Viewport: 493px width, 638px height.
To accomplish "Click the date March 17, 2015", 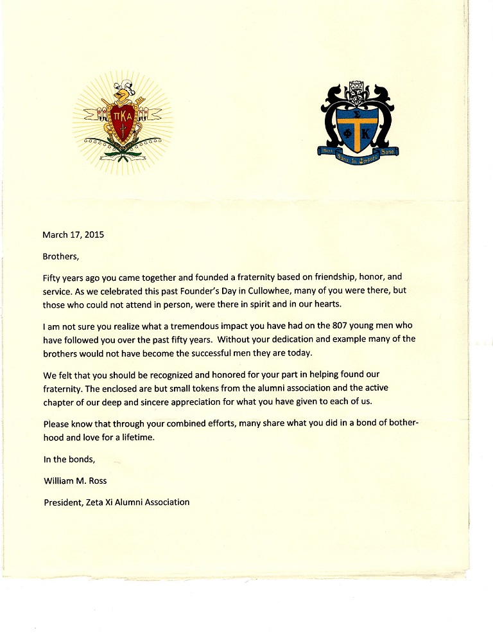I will (73, 235).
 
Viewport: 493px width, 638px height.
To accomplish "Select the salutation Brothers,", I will (61, 256).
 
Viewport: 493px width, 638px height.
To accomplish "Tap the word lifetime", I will (137, 438).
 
